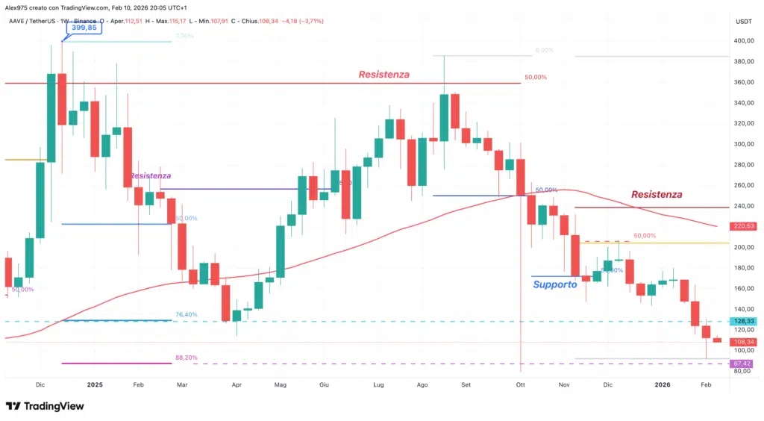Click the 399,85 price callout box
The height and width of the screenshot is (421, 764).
pos(82,28)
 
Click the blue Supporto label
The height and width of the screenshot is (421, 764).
pos(554,284)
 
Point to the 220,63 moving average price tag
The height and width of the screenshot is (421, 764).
pos(745,225)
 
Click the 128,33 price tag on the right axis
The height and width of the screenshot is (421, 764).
pos(745,321)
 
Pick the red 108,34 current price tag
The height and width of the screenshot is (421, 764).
pos(745,341)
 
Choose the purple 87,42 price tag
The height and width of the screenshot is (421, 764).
pos(745,363)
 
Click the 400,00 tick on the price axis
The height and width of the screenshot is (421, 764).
pos(743,41)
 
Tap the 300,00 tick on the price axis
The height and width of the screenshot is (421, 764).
pos(743,144)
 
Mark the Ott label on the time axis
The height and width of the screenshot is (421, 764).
pos(519,384)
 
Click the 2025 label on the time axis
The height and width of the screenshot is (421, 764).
pos(95,384)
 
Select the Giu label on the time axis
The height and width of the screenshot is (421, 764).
pos(324,384)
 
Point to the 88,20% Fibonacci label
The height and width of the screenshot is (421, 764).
pos(186,358)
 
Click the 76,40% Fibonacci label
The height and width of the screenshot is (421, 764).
pos(186,315)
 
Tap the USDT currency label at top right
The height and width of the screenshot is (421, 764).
pos(743,21)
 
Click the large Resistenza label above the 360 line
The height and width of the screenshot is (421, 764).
pos(383,75)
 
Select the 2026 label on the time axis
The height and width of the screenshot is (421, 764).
pos(663,384)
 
